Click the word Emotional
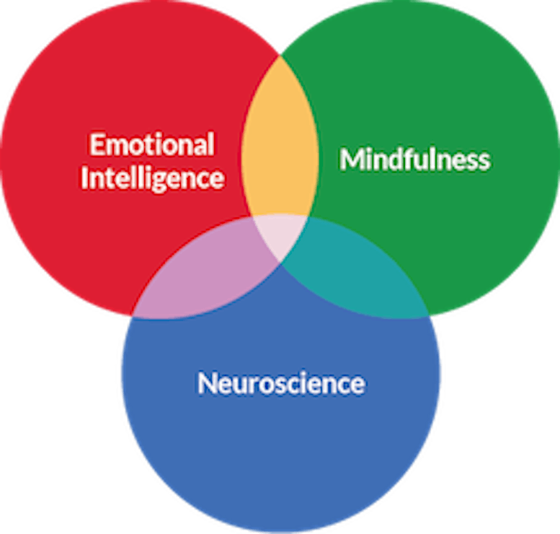click(151, 144)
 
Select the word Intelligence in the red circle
click(152, 178)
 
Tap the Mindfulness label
click(414, 159)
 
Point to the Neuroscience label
click(280, 383)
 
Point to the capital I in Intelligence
click(84, 178)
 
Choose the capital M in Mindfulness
click(351, 159)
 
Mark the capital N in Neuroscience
click(207, 383)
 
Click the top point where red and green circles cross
click(280, 53)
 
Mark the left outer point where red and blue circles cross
click(133, 316)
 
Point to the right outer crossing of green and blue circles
click(428, 316)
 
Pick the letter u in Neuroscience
click(238, 385)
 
